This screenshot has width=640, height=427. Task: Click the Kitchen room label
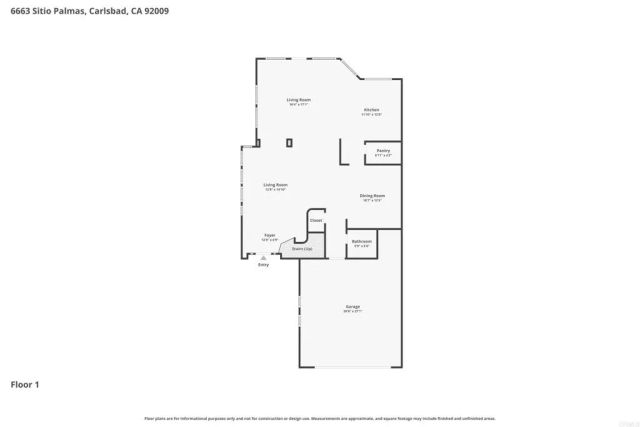point(371,109)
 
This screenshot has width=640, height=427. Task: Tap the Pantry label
point(383,150)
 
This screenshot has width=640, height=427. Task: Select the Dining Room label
point(372,195)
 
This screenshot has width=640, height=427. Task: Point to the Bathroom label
point(362,241)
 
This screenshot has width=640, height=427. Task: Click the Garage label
point(352,306)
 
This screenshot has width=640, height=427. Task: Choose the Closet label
point(315,220)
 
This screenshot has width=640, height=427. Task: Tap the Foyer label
point(270,234)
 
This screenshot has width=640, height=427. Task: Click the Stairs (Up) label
point(302,248)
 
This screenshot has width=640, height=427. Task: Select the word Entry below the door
point(264,265)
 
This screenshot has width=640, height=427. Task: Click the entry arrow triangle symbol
point(264,257)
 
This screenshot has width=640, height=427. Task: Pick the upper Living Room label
point(298,100)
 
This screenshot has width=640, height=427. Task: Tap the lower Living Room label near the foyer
point(275,185)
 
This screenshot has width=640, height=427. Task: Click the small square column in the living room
point(289,143)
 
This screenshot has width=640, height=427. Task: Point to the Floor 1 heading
point(26,383)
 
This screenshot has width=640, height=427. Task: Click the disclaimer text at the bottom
point(319,418)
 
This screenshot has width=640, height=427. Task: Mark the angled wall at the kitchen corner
point(350,70)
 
